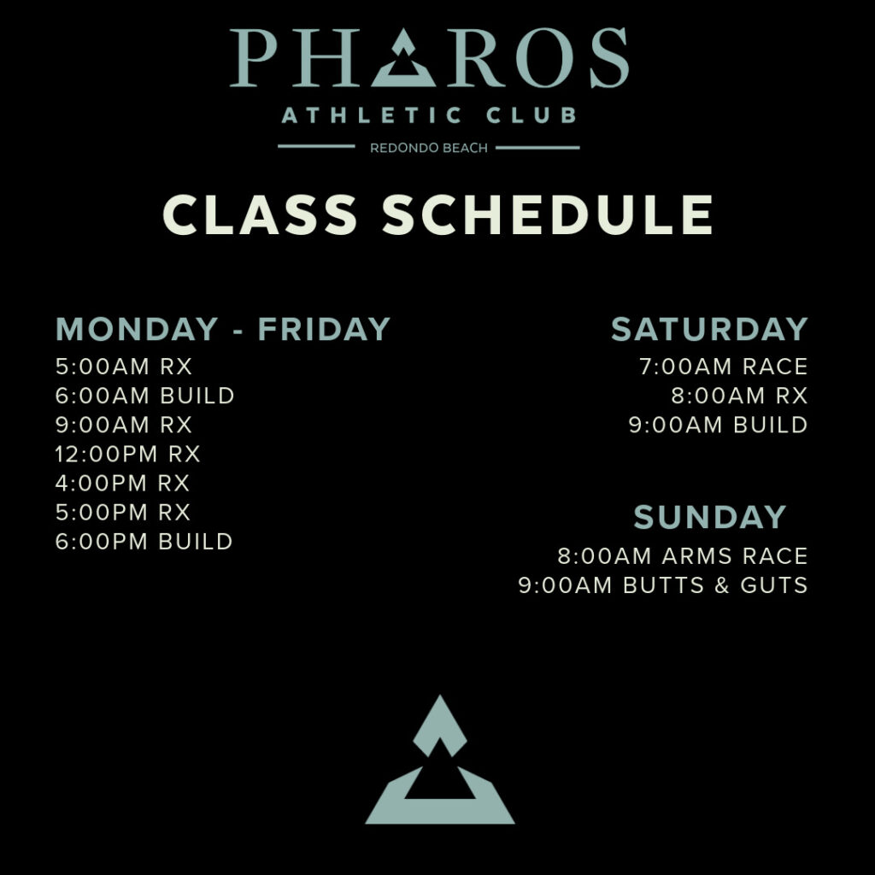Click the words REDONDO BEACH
[x=429, y=148]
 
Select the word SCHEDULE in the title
[x=548, y=214]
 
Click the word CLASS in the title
[x=260, y=214]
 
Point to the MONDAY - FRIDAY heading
[x=223, y=329]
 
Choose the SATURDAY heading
[x=709, y=329]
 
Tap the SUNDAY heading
[x=710, y=517]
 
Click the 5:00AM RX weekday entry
[x=123, y=367]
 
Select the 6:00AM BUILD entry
[x=144, y=396]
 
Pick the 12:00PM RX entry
[x=127, y=455]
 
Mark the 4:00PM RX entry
[x=122, y=484]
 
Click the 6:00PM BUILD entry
[x=144, y=541]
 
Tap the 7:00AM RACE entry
[x=723, y=367]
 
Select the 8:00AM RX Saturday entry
[x=739, y=396]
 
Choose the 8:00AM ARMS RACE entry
[x=683, y=555]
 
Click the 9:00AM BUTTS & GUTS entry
[x=663, y=584]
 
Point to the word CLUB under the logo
[x=531, y=115]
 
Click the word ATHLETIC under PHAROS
[x=372, y=115]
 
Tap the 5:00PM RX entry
[x=123, y=513]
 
